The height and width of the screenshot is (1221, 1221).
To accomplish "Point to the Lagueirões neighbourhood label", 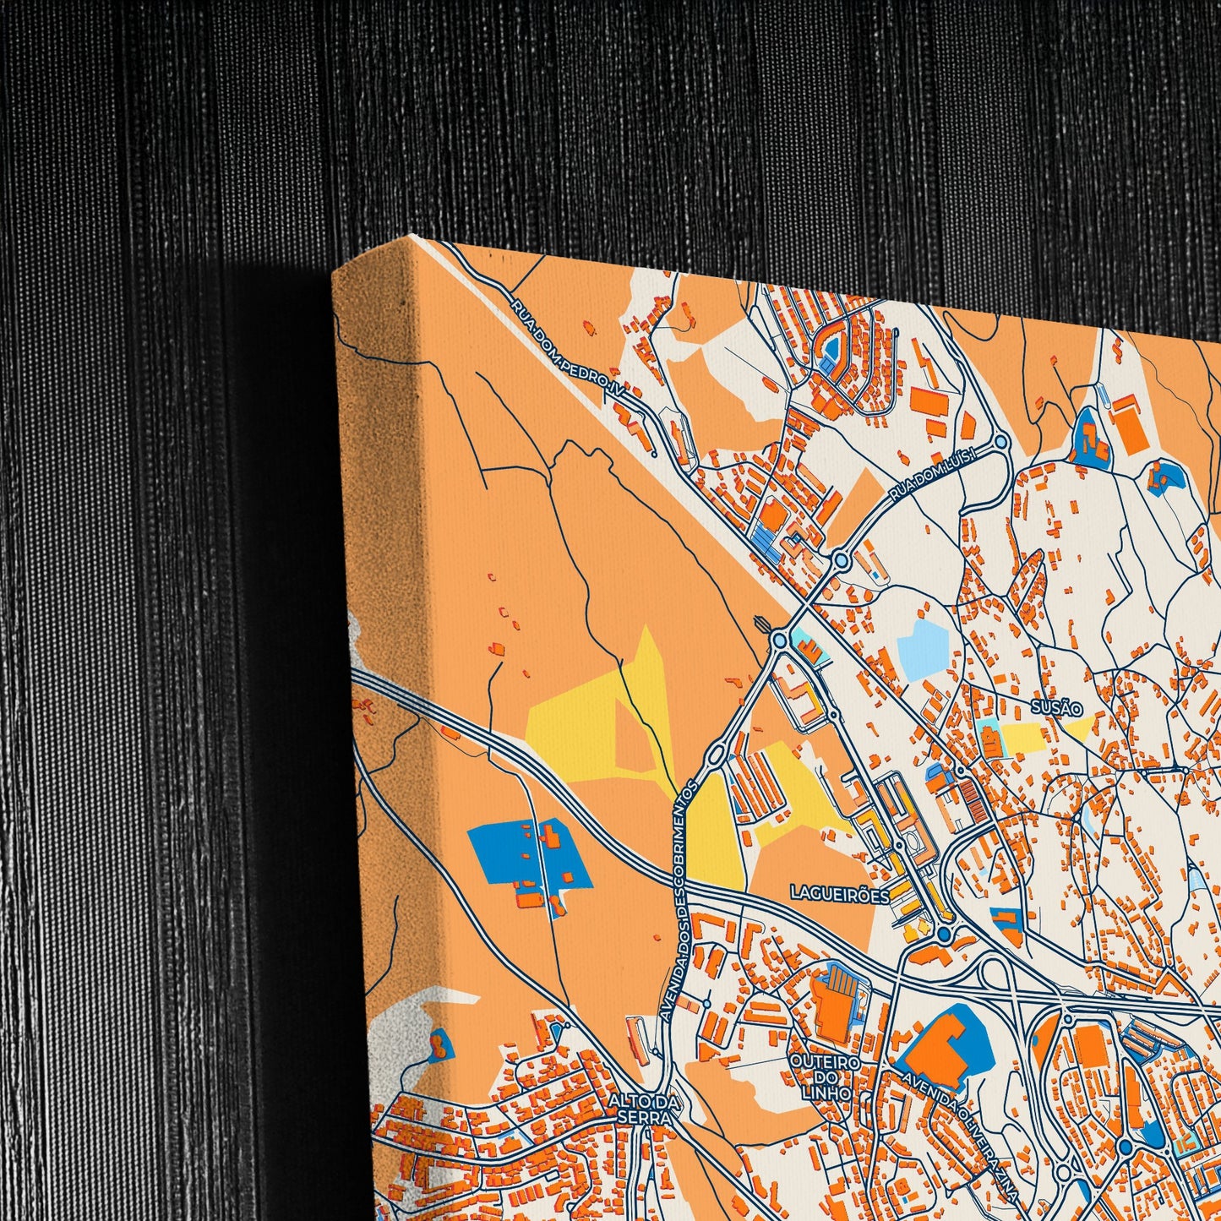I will coord(839,892).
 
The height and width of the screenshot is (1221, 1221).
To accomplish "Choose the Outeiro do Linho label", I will coord(825,1076).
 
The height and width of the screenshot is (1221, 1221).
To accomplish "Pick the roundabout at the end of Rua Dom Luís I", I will coord(1001,441).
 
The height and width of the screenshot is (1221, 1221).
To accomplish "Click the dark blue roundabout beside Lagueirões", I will coord(944,934).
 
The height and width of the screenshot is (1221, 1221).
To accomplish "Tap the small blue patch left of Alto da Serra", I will coord(439,1046).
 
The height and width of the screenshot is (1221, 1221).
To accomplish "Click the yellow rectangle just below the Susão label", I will coord(1027,739).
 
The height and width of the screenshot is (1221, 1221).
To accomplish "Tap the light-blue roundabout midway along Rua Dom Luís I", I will coord(840,559).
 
